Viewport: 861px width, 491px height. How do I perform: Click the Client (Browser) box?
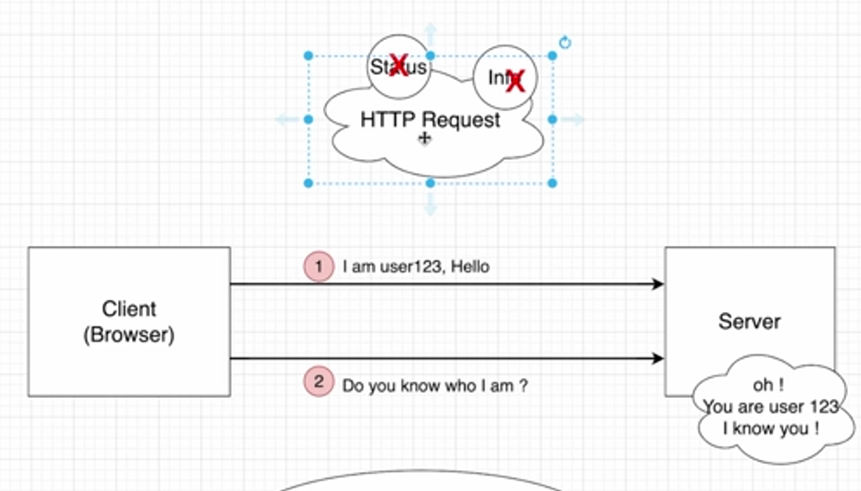[128, 322]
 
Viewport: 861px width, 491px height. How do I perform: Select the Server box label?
[749, 322]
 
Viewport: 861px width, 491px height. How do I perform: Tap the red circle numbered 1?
[319, 266]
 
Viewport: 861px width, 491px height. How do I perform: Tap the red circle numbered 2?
[319, 382]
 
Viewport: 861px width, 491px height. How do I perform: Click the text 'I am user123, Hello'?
[416, 267]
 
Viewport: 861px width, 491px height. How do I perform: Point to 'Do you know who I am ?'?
[435, 385]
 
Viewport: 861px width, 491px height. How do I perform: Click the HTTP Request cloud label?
[430, 120]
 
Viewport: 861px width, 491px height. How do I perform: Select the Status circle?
[398, 65]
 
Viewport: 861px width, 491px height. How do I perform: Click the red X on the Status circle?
[399, 65]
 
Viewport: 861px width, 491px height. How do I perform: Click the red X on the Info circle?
[516, 81]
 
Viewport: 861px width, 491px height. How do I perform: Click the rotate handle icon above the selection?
[565, 43]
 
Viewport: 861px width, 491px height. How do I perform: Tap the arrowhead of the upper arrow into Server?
[658, 284]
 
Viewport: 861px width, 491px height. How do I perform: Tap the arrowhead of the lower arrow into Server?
[658, 358]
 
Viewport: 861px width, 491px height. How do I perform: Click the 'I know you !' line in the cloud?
[770, 428]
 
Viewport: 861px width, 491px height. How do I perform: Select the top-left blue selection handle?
[308, 56]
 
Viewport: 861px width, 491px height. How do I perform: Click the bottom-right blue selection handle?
[553, 182]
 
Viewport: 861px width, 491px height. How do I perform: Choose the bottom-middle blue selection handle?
[430, 182]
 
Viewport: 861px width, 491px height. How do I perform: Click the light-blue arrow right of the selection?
[574, 119]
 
